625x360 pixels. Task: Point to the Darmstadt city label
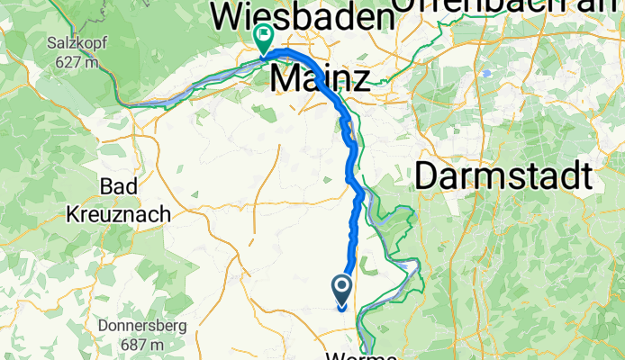click(x=504, y=176)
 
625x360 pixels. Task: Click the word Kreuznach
click(x=121, y=216)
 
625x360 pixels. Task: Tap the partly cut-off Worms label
click(x=364, y=355)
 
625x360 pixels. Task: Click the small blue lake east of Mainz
click(x=486, y=73)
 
